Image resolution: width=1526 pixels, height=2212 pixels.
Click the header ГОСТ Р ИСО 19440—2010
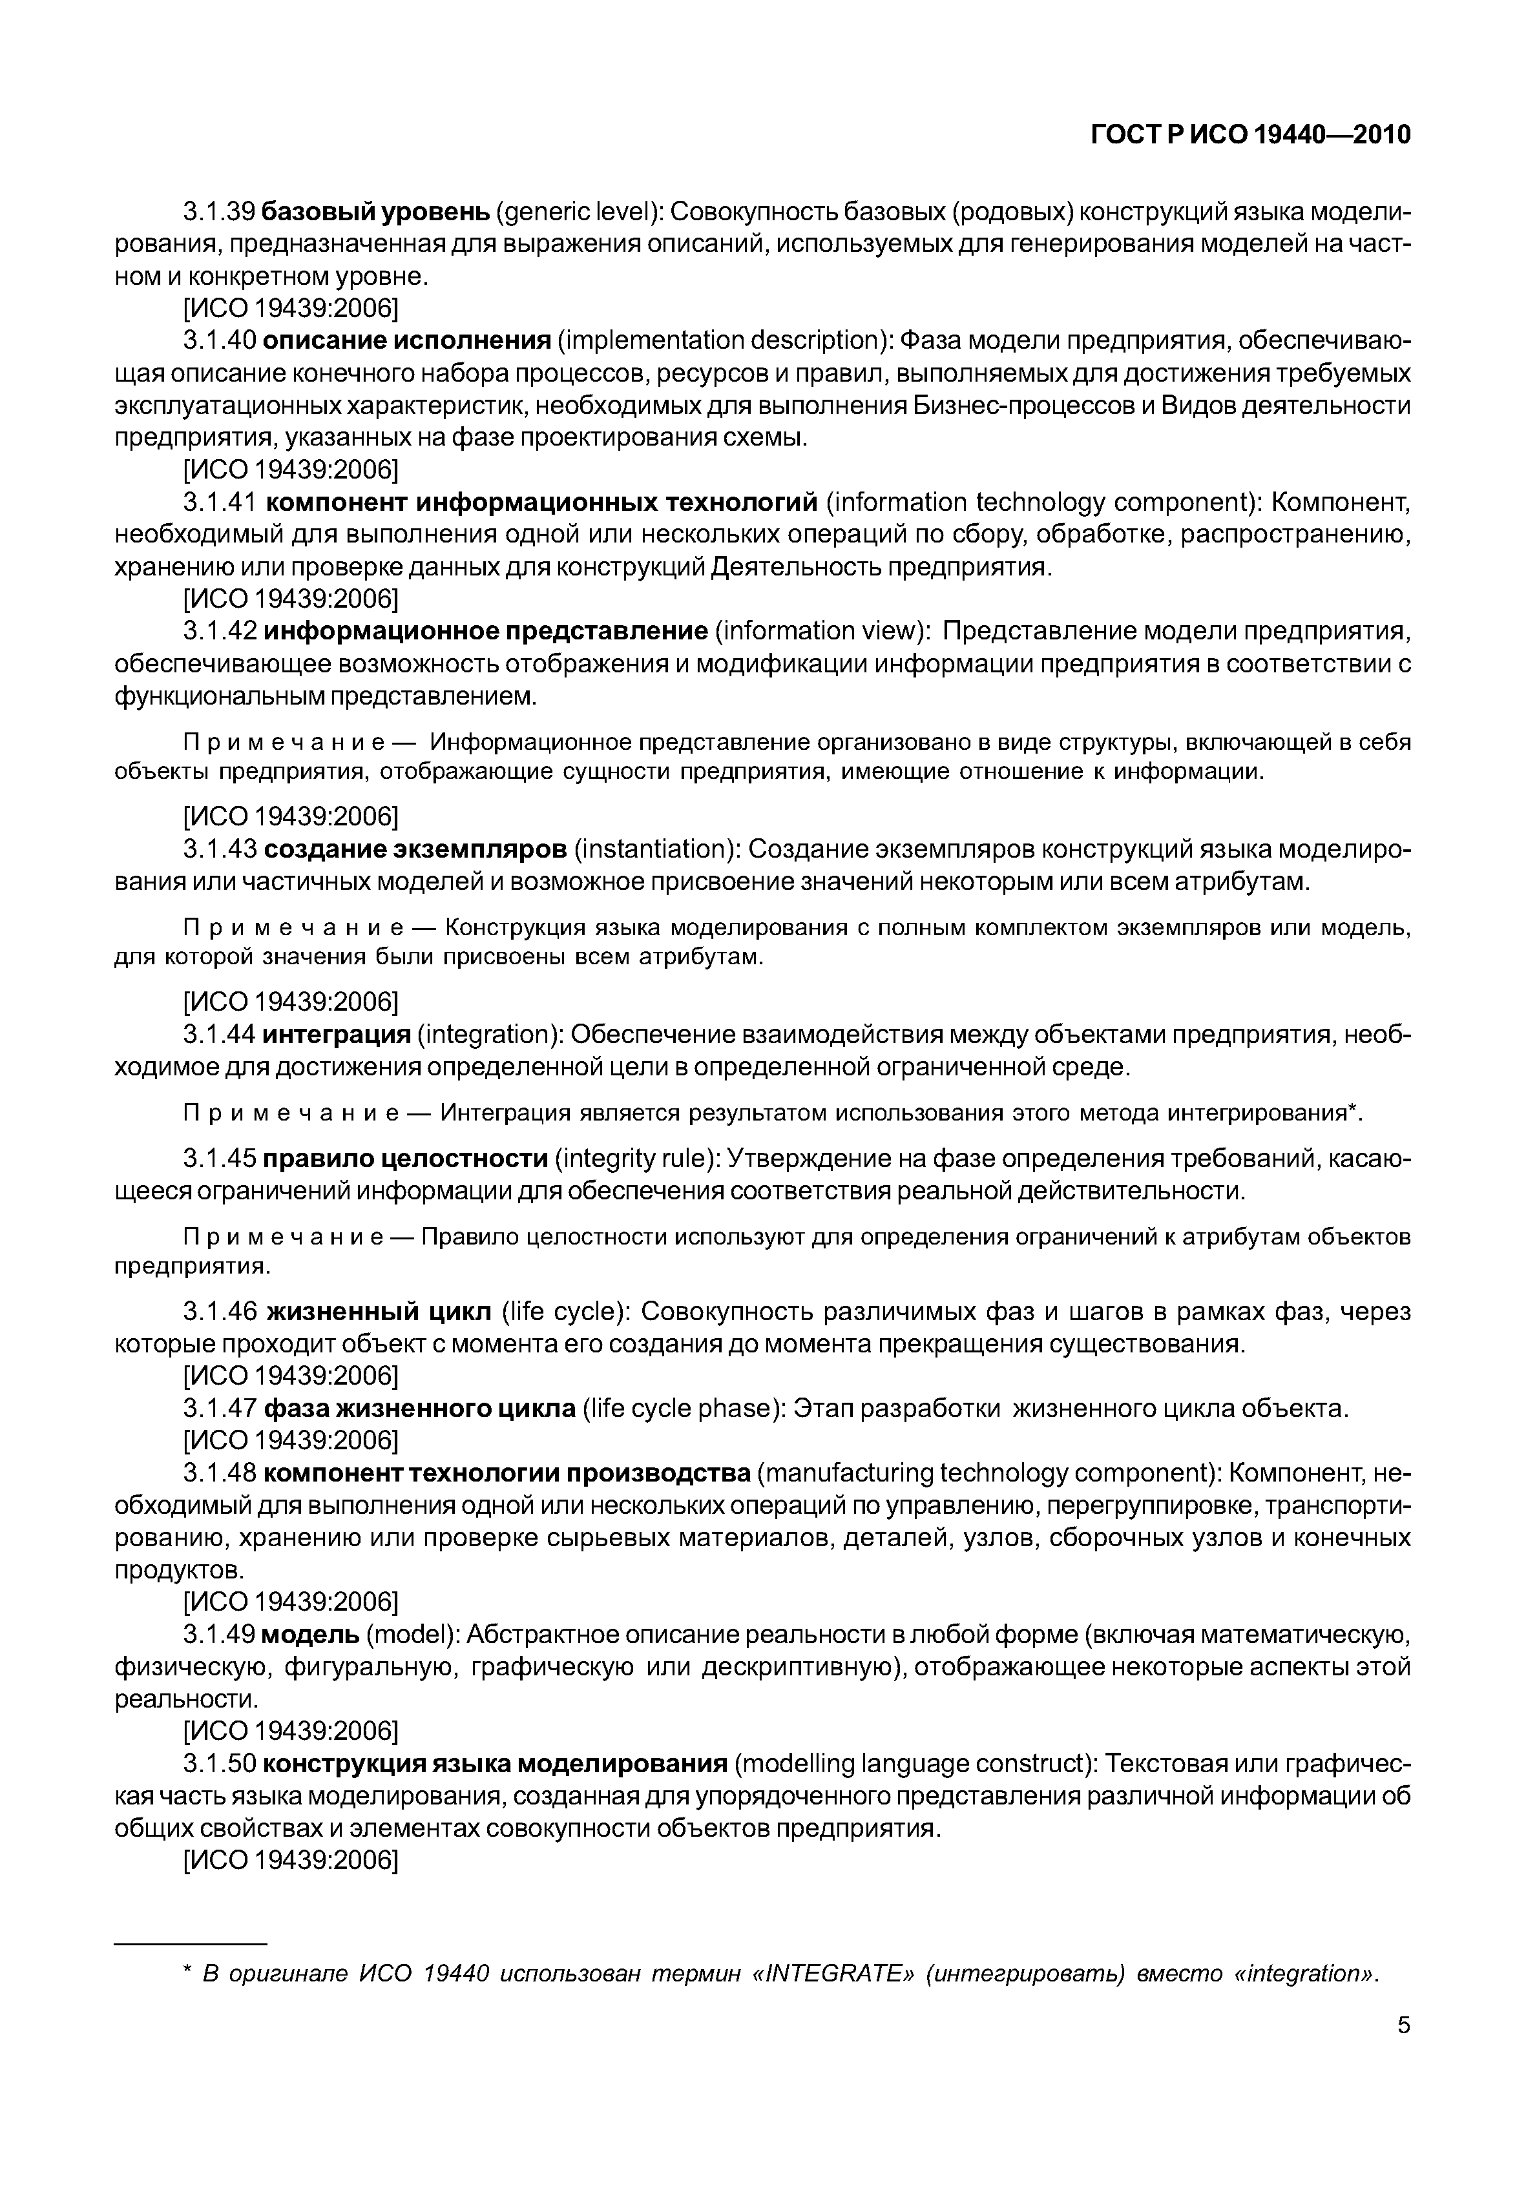tap(1251, 135)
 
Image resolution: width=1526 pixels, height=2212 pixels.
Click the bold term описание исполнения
tap(407, 340)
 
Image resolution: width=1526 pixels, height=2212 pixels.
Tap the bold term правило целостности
tap(404, 1159)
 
